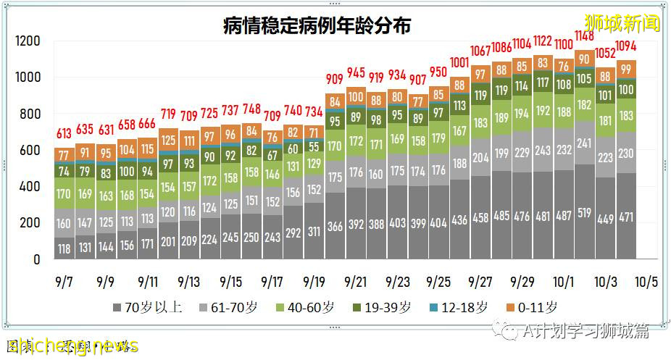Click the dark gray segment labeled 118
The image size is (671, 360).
64,248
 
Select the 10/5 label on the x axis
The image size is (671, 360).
647,281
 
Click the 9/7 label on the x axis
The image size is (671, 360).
64,281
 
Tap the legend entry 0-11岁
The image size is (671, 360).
537,308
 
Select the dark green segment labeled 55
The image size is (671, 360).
314,146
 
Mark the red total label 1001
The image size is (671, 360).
459,63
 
